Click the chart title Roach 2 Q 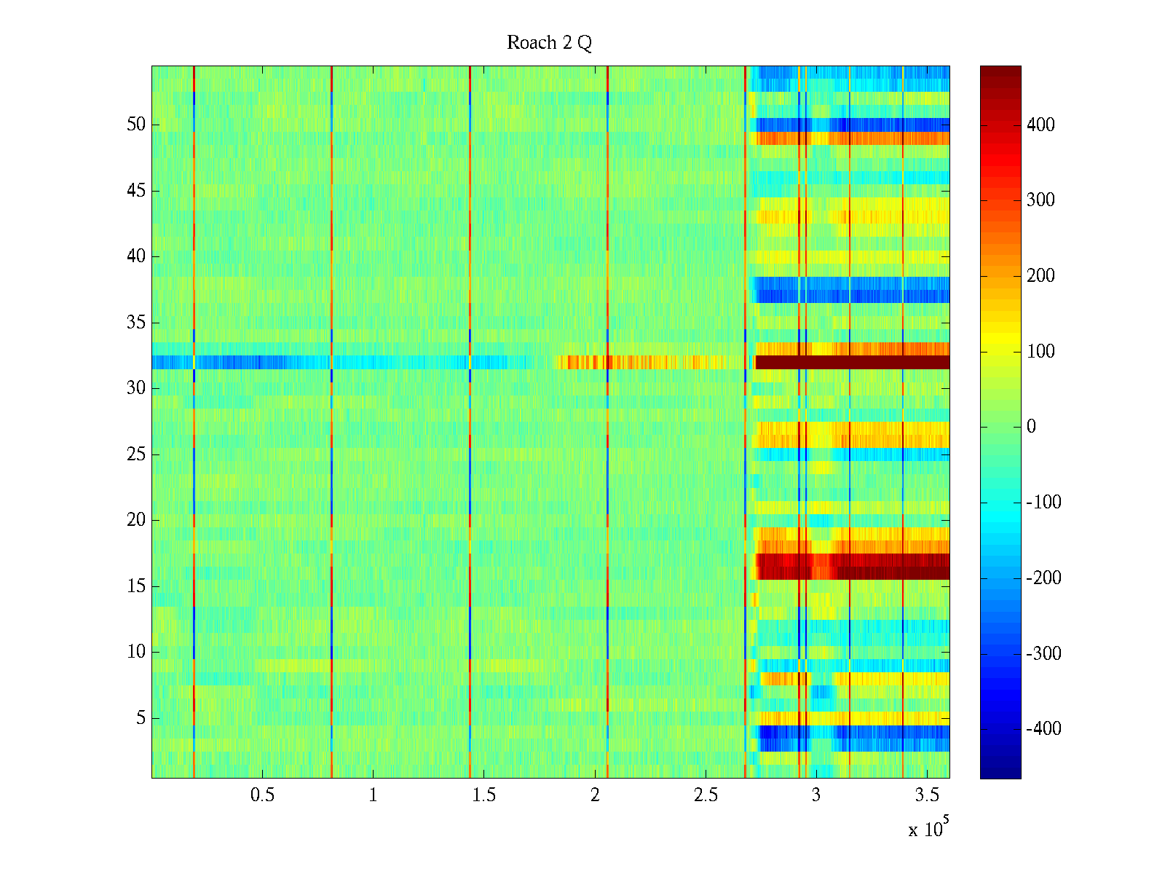click(549, 43)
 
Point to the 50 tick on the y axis click(136, 125)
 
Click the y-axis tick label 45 click(136, 191)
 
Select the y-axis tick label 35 click(136, 323)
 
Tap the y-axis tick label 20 click(136, 520)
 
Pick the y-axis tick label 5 click(141, 718)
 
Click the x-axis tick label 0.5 click(262, 795)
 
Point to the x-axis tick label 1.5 click(483, 795)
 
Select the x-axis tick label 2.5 click(705, 795)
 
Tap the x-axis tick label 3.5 click(926, 795)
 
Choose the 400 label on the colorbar click(1040, 125)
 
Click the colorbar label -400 click(1043, 729)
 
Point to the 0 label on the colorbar click(1030, 427)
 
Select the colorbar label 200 click(1040, 276)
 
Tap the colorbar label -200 click(1043, 578)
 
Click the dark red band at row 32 click(852, 362)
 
